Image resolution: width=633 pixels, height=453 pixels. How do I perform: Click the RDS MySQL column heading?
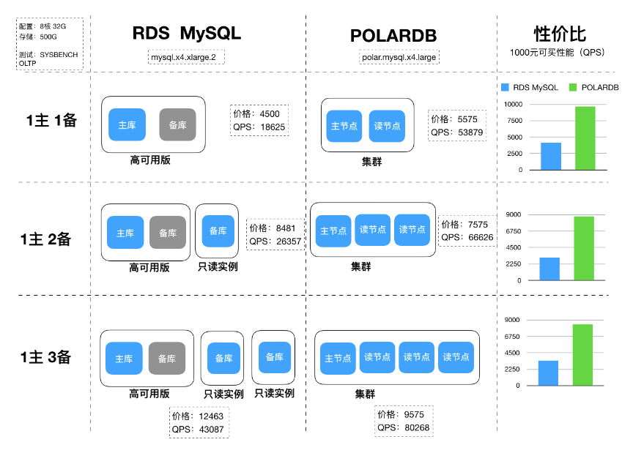click(186, 34)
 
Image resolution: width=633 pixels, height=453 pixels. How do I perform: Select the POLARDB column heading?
click(393, 36)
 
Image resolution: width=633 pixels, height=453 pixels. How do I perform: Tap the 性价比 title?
click(560, 33)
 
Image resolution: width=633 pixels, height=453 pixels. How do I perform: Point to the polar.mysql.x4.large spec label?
click(399, 57)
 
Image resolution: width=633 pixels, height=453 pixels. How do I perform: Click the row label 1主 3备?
click(47, 358)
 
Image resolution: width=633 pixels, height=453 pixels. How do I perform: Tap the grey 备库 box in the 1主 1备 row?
click(177, 124)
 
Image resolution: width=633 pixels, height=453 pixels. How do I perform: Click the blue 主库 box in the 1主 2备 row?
click(125, 233)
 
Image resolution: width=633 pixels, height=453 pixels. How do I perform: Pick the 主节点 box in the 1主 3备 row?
click(338, 358)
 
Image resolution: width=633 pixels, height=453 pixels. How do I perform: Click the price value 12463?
click(211, 416)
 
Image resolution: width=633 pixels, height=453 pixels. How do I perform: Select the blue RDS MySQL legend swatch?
click(504, 87)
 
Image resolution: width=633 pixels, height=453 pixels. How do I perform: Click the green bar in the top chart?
click(585, 138)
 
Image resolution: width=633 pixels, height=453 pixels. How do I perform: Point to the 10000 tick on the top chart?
click(512, 105)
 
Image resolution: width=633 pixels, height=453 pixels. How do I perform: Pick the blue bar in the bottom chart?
click(548, 372)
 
